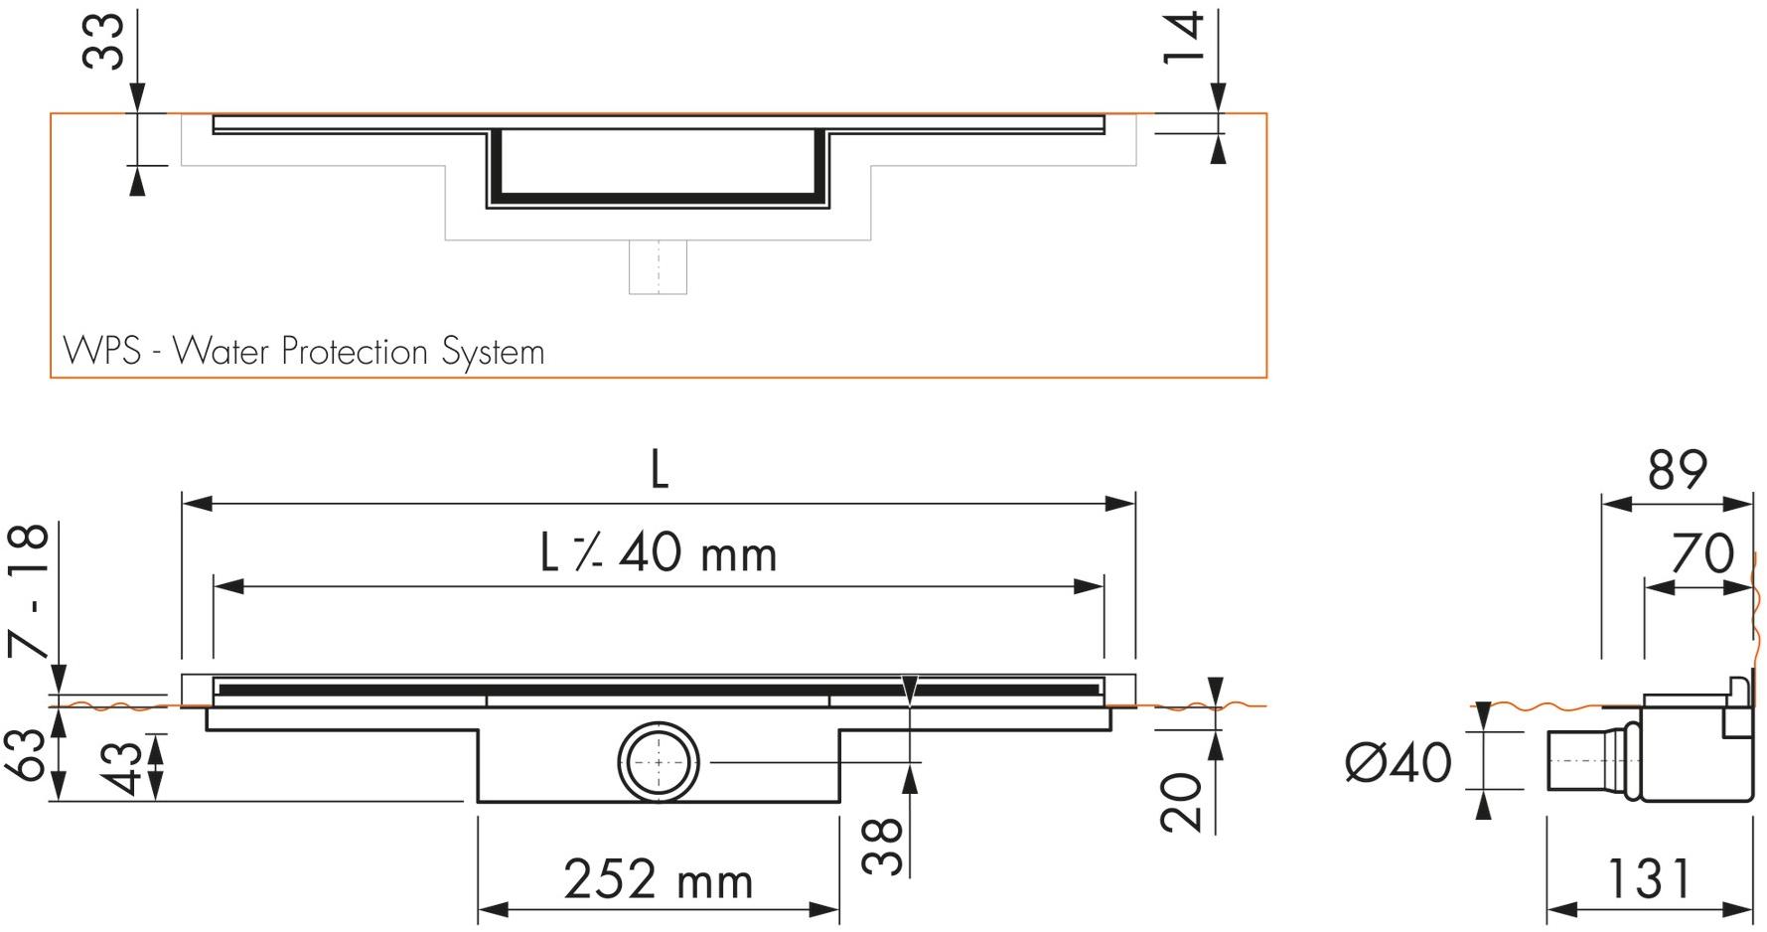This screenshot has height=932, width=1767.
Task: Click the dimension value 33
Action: [x=103, y=42]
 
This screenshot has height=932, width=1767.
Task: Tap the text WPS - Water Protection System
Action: [x=304, y=352]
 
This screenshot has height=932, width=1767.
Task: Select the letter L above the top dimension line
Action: [x=659, y=470]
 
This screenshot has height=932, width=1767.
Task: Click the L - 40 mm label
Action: [x=659, y=553]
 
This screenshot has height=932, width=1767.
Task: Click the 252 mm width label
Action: [x=659, y=880]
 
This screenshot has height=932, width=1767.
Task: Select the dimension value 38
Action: [x=882, y=846]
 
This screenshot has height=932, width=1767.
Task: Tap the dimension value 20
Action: [x=1182, y=802]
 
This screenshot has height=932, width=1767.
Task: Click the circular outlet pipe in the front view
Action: [x=659, y=762]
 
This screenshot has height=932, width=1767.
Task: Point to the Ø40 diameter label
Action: [x=1398, y=762]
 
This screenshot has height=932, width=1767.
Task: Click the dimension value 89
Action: [x=1677, y=470]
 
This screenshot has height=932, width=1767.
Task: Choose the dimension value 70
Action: [x=1702, y=553]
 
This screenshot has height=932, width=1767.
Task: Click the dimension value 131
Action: [x=1649, y=878]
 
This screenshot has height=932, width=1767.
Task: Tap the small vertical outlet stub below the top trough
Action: [x=658, y=266]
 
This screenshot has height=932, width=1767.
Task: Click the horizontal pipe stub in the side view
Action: [x=1587, y=762]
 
